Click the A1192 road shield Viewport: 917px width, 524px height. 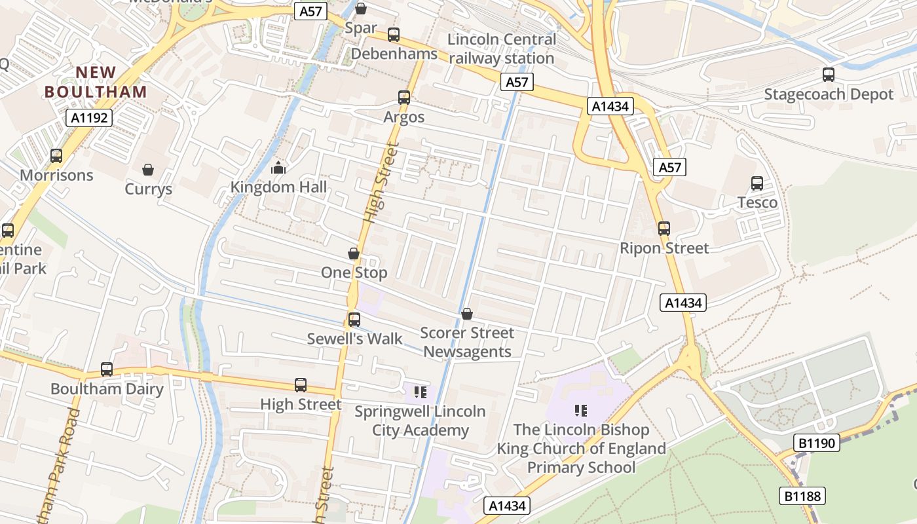89,118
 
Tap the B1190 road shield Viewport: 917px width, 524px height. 817,443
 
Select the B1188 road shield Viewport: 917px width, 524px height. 802,496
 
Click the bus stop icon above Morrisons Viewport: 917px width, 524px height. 56,156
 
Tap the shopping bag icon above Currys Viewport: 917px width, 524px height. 148,170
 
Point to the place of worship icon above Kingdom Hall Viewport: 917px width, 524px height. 278,168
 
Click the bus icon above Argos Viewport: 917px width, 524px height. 404,98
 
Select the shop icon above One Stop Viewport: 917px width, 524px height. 354,253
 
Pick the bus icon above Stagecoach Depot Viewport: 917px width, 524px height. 829,75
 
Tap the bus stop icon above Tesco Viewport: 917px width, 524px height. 757,183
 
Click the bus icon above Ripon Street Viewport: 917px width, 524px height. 664,229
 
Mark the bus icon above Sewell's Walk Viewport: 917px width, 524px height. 354,320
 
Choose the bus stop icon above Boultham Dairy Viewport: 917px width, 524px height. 107,369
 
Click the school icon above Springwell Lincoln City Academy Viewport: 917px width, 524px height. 420,392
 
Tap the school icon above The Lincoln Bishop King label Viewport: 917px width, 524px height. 581,411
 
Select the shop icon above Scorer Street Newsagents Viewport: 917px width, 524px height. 467,314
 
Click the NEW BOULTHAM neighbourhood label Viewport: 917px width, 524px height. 96,82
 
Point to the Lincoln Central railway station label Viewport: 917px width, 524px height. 502,48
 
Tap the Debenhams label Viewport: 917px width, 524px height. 394,54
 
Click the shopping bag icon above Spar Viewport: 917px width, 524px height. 360,9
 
